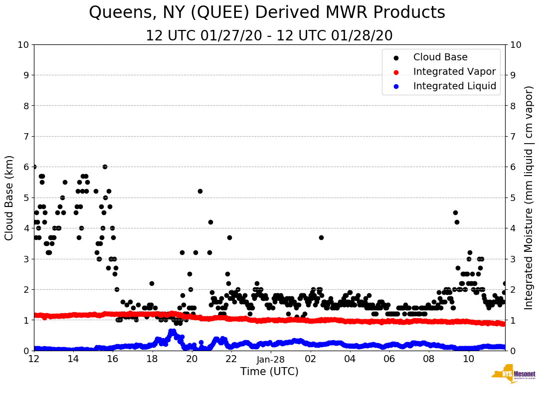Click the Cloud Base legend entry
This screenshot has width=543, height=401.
pos(440,57)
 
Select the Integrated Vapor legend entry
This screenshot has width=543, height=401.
pos(454,72)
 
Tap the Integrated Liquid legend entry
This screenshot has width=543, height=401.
pos(454,86)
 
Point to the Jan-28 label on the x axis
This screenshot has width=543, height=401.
pos(271,359)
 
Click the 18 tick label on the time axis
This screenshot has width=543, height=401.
pos(152,359)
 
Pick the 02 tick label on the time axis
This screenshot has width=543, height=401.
pos(310,359)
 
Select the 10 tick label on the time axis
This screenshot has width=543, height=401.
pos(468,359)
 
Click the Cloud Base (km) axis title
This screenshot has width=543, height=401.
pos(9,198)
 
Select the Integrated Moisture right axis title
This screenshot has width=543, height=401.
pos(530,198)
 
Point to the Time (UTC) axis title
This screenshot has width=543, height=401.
pos(269,372)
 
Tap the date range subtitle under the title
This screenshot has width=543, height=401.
pos(269,36)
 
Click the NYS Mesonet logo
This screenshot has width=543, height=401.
pos(514,375)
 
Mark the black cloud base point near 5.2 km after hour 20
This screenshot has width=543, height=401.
pos(200,191)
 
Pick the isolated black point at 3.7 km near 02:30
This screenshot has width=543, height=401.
pos(321,237)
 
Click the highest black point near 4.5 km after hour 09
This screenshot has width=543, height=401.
pos(455,212)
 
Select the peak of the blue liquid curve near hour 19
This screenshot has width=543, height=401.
pos(172,331)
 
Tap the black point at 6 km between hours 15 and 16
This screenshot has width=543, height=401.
pos(105,167)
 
